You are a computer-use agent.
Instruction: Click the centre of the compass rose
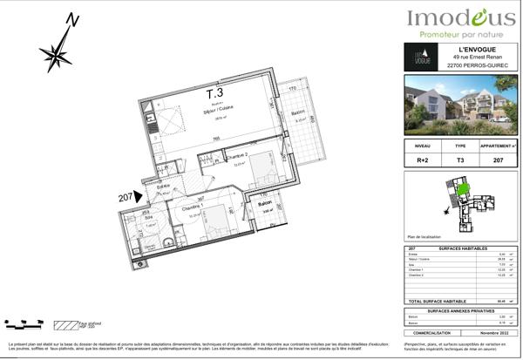(x=58, y=57)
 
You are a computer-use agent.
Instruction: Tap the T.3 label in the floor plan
(x=214, y=92)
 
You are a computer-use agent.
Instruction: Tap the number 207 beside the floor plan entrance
(x=127, y=198)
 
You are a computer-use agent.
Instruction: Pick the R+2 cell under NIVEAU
(x=423, y=161)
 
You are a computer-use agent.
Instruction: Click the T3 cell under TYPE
(x=460, y=161)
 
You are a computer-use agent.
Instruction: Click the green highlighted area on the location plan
(x=463, y=188)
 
